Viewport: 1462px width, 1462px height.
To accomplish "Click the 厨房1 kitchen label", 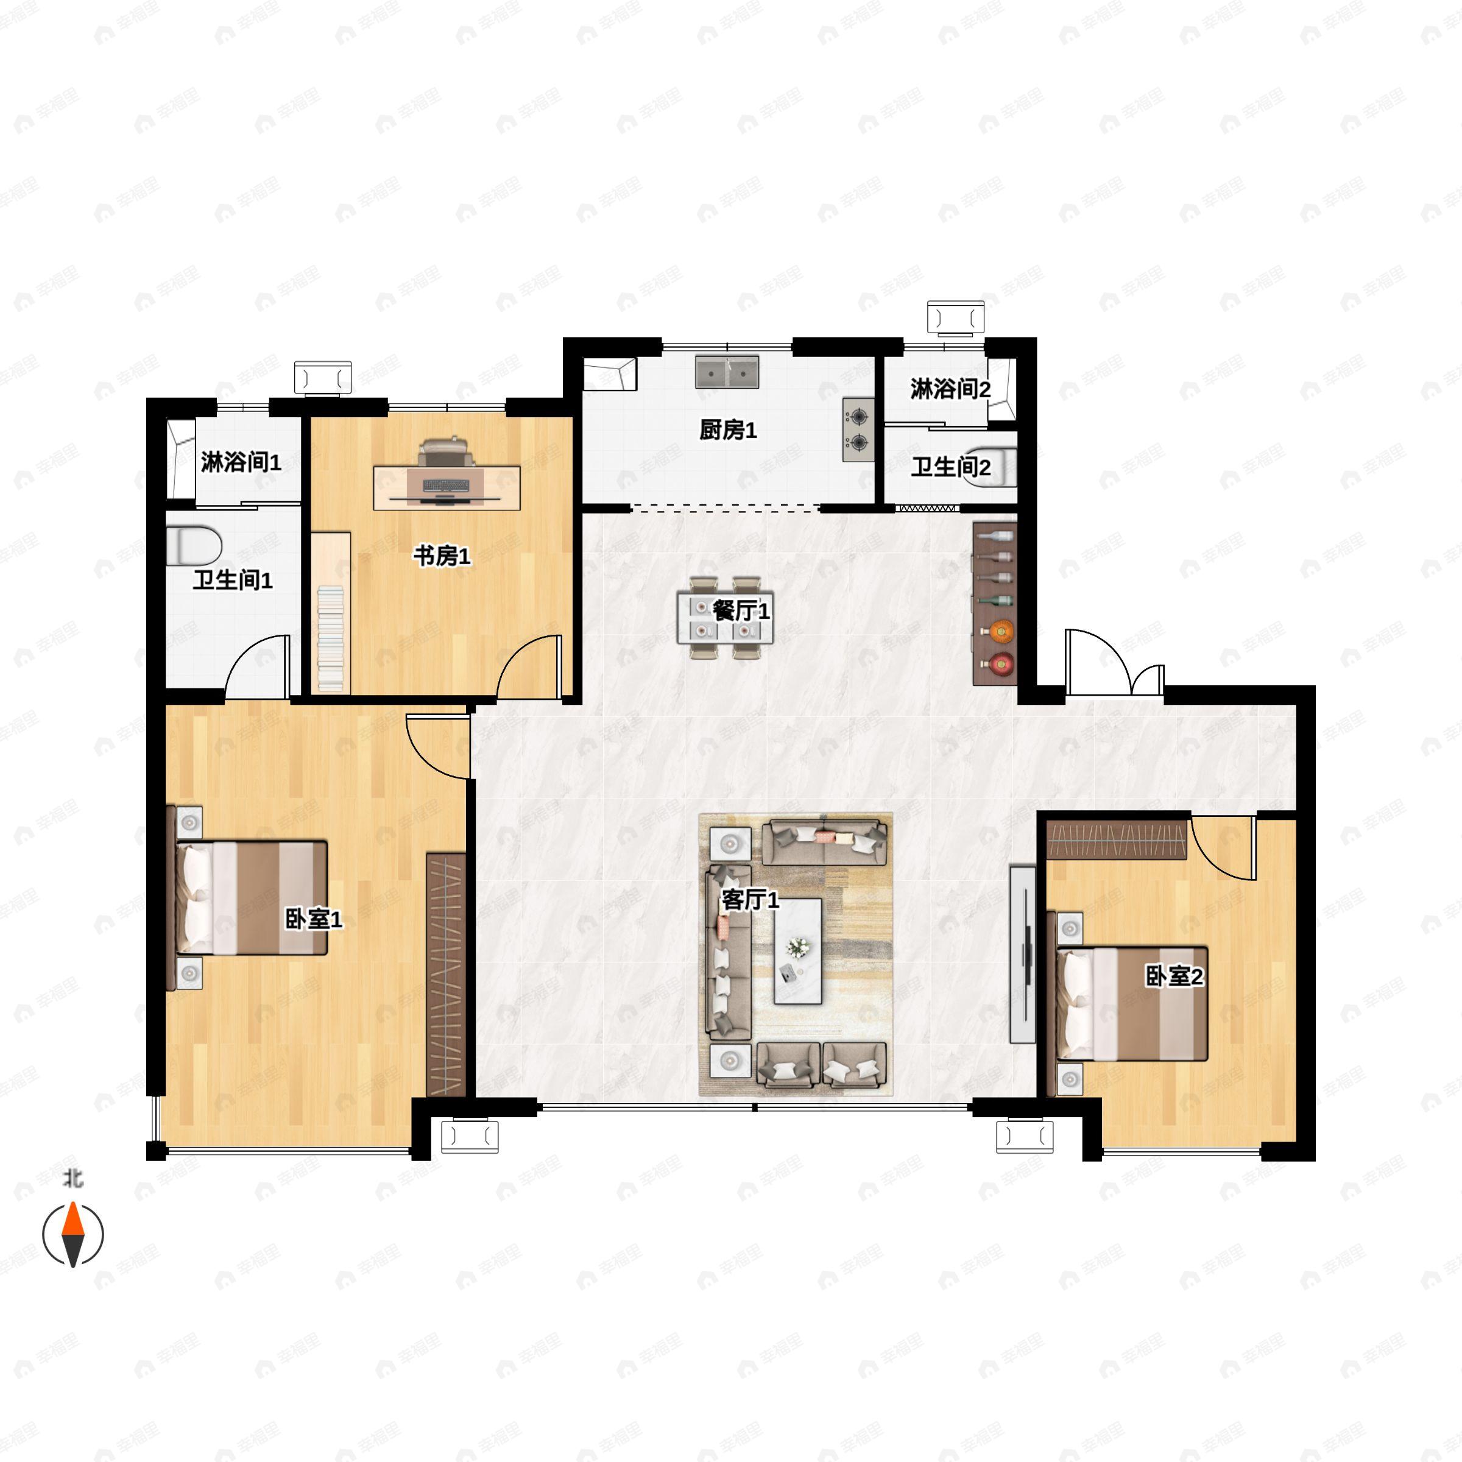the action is (727, 431).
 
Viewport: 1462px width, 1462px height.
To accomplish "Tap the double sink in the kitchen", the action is (727, 372).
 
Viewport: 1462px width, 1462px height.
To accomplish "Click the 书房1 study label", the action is (441, 556).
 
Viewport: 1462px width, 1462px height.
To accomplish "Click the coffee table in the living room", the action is (797, 951).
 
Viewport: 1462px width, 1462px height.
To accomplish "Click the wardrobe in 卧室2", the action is (1117, 840).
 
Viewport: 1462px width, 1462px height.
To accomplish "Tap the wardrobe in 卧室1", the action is (446, 974).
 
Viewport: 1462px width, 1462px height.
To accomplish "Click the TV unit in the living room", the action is (1022, 954).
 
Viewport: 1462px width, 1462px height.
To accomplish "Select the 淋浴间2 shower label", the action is (950, 390).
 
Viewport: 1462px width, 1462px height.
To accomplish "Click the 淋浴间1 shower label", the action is (241, 462).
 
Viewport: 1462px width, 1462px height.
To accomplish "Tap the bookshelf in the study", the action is (331, 612).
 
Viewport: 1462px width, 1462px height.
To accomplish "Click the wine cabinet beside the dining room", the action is (994, 604).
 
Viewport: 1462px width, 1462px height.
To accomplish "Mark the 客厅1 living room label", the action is (750, 900).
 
